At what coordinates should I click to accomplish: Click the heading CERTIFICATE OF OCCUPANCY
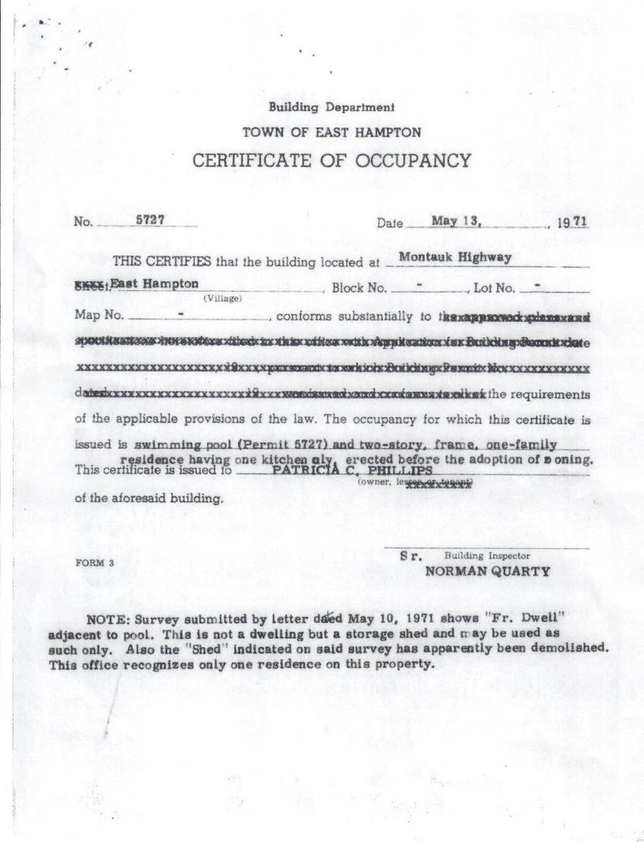coord(331,160)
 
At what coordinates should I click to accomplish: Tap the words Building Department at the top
coord(331,108)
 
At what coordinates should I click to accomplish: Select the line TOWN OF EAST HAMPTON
coord(332,132)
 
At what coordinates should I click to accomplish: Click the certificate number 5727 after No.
coord(149,219)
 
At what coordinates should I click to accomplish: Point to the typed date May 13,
coord(458,220)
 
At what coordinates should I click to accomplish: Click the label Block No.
coord(359,288)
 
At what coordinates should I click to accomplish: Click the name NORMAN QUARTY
coord(488,573)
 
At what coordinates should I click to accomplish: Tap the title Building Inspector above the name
coord(487,556)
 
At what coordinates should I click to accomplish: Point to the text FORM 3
coord(94,563)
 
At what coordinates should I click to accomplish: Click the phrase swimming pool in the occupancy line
coord(172,446)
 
